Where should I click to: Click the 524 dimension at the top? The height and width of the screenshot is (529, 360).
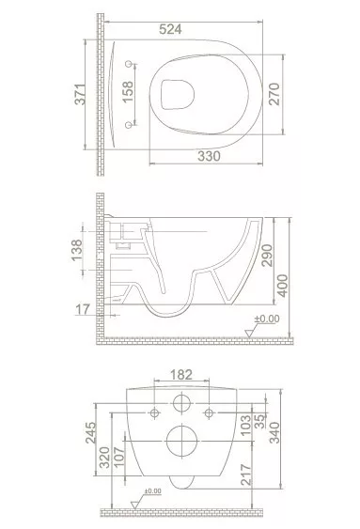[x=170, y=29]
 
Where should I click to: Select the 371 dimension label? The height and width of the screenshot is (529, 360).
[x=81, y=94]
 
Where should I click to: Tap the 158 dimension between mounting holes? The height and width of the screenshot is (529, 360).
[x=128, y=92]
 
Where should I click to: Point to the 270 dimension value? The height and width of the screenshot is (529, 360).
[x=274, y=94]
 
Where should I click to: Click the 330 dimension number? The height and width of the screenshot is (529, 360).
[x=209, y=157]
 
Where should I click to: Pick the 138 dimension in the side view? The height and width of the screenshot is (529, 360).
[x=77, y=250]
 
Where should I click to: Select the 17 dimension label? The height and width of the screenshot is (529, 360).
[x=83, y=309]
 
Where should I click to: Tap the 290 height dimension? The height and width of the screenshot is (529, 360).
[x=267, y=255]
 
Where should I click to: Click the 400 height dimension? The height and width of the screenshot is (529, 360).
[x=283, y=286]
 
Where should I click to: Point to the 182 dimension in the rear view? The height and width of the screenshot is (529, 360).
[x=181, y=375]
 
